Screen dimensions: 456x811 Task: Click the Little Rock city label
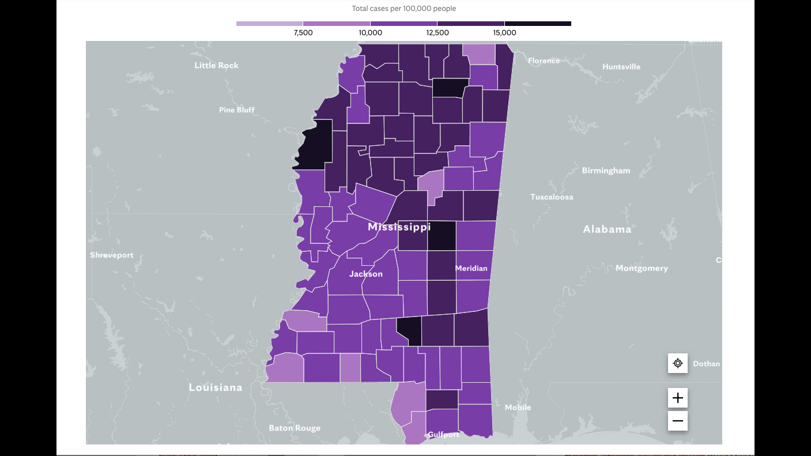[216, 65]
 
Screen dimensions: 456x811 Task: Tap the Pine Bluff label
[236, 110]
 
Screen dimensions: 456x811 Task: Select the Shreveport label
[112, 255]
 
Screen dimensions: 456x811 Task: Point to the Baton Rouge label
[295, 428]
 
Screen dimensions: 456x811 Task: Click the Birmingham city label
[606, 171]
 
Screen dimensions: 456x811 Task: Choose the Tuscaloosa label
[552, 197]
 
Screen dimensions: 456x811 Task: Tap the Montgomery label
[642, 268]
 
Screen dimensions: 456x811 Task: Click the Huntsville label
[621, 67]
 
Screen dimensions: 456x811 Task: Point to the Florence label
[544, 61]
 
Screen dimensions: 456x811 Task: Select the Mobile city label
[518, 408]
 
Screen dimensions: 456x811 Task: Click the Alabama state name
[607, 229]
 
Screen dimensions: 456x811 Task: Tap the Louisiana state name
[216, 387]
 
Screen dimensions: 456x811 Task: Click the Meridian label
[471, 268]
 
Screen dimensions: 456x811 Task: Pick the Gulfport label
[443, 435]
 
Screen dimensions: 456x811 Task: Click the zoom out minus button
[678, 421]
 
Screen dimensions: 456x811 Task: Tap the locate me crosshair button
[678, 363]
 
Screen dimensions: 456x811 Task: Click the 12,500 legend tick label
[437, 33]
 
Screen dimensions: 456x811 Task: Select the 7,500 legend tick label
[303, 33]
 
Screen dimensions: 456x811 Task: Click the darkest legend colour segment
[538, 24]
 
